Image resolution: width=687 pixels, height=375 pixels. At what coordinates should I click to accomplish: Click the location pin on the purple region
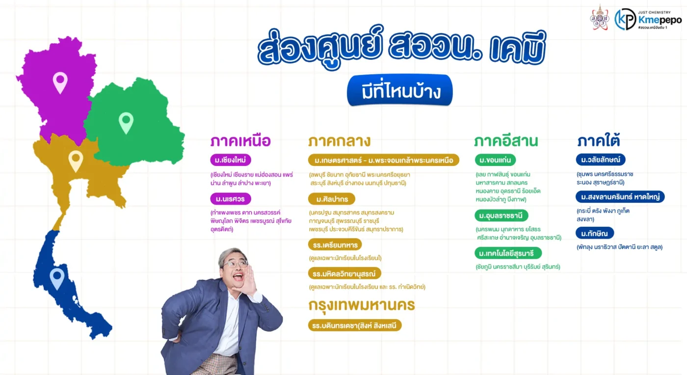[x=60, y=82]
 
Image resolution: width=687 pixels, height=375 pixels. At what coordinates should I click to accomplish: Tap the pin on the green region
[x=126, y=123]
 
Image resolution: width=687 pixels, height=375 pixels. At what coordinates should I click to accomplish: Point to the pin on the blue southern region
[x=57, y=278]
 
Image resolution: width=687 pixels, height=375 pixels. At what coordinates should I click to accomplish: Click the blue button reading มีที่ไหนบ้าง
[x=399, y=90]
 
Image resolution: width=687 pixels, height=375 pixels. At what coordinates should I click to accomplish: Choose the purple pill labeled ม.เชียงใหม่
[x=230, y=160]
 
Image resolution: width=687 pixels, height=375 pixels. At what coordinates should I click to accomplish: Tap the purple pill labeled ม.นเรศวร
[x=230, y=199]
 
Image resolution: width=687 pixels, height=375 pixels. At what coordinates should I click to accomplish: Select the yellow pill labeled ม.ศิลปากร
[x=332, y=199]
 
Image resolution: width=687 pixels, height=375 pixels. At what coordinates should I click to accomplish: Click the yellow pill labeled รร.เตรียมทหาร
[x=335, y=244]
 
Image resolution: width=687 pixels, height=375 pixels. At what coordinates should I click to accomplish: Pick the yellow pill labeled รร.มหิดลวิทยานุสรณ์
[x=344, y=273]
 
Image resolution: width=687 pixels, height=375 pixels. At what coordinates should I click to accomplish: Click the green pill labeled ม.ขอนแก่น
[x=495, y=160]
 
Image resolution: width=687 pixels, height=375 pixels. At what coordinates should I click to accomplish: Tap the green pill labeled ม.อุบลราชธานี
[x=501, y=215]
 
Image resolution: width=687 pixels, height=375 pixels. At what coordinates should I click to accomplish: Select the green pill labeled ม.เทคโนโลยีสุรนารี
[x=508, y=253]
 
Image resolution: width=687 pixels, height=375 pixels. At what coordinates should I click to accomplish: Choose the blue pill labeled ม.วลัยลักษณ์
[x=601, y=160]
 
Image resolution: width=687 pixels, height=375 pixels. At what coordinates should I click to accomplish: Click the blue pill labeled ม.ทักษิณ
[x=595, y=233]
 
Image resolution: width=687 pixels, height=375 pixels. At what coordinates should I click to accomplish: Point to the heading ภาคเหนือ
[x=240, y=141]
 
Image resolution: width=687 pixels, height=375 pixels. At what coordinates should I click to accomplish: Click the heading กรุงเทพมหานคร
[x=362, y=305]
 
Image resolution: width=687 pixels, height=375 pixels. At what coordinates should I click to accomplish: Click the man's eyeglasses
[x=236, y=263]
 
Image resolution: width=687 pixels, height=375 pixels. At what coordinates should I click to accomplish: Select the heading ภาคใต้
[x=598, y=140]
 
